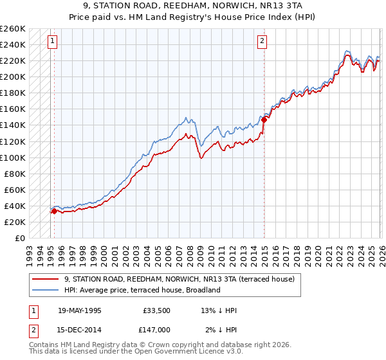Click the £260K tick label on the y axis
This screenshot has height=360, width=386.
pos(13,29)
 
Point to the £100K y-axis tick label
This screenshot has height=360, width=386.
pos(13,157)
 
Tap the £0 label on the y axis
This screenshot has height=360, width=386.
pos(19,238)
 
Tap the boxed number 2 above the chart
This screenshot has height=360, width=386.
pos(262,42)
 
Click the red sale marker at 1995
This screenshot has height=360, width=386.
pos(54,210)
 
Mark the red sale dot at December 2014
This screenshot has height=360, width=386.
pos(264,120)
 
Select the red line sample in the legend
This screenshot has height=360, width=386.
pos(46,279)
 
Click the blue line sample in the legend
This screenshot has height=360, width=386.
pos(46,290)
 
